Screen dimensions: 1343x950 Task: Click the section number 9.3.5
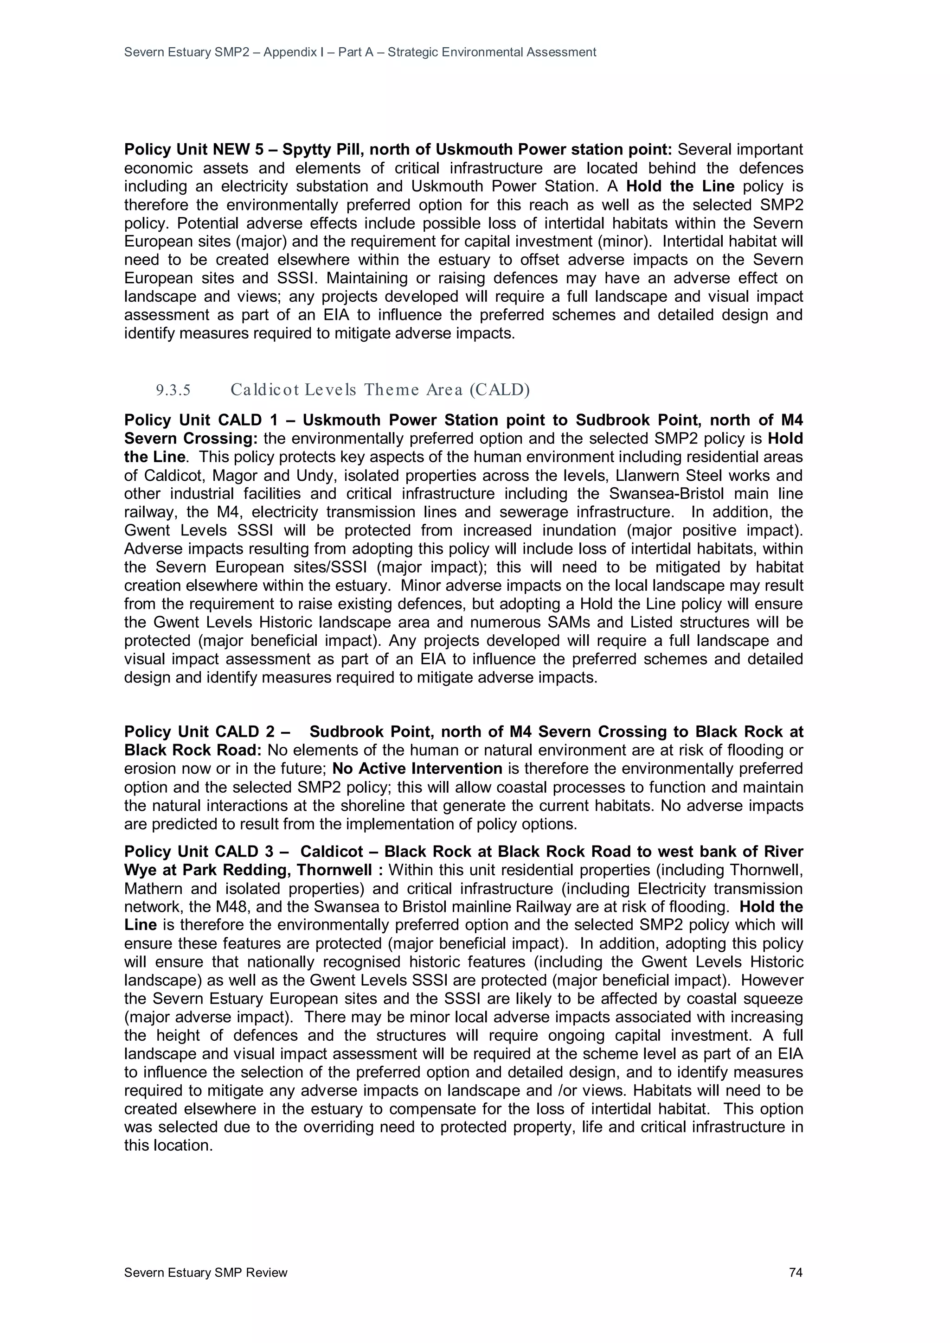[x=173, y=389]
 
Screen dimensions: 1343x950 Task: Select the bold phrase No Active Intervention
[x=417, y=769]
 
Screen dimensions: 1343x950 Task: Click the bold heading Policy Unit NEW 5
[x=194, y=150]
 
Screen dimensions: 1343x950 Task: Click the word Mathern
[x=150, y=889]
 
